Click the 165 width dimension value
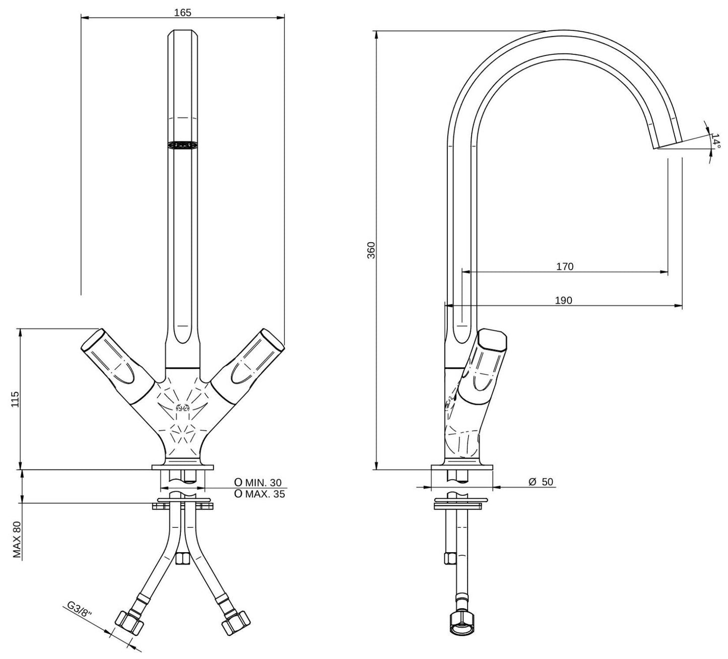pos(182,13)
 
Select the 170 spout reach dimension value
pos(565,267)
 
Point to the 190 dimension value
pos(564,300)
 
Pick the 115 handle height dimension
pos(15,399)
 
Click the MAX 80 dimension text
pos(17,540)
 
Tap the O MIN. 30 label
pos(258,483)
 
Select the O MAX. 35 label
pos(259,494)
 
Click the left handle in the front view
pos(117,365)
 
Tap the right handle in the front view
pos(247,365)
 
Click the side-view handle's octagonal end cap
pos(492,340)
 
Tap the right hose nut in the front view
pos(236,623)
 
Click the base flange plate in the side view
pos(461,467)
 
